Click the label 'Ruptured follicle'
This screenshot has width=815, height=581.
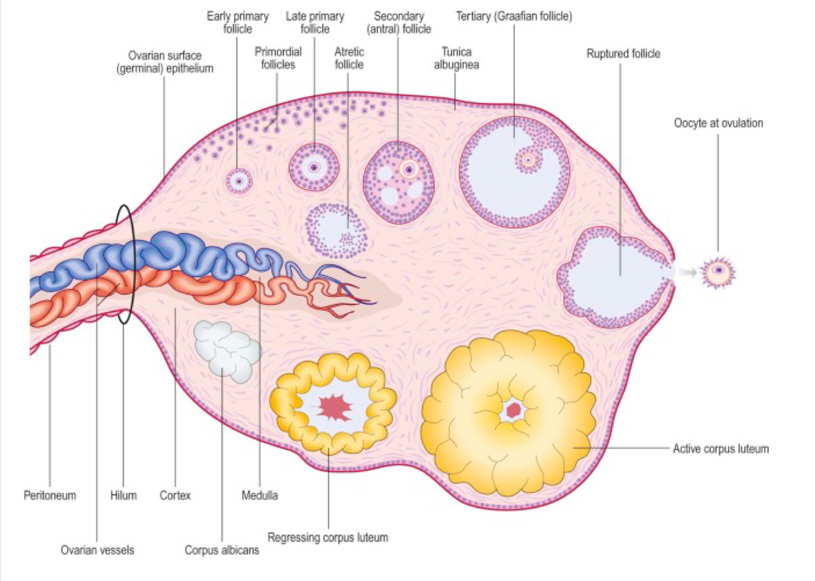(623, 54)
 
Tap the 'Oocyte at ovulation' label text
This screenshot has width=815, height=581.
(718, 123)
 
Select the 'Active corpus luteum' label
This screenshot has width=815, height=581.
(720, 449)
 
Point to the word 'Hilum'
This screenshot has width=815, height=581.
(123, 495)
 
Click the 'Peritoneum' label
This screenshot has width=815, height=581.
(50, 495)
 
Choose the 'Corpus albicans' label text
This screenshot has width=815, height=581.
(222, 550)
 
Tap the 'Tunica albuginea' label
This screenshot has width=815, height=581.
(456, 58)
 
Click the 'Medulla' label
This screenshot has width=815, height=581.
(260, 495)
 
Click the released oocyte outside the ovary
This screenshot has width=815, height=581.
(718, 270)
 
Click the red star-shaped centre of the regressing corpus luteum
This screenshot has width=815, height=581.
(334, 407)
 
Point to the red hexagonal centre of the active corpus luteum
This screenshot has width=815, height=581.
(513, 410)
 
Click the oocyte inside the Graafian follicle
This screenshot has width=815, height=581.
(528, 160)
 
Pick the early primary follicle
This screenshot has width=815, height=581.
(238, 181)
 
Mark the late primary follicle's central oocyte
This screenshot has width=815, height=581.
(314, 167)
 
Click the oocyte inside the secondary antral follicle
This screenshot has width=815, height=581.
(408, 169)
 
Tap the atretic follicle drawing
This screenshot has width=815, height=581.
(336, 231)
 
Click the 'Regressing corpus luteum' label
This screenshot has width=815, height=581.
(327, 538)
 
